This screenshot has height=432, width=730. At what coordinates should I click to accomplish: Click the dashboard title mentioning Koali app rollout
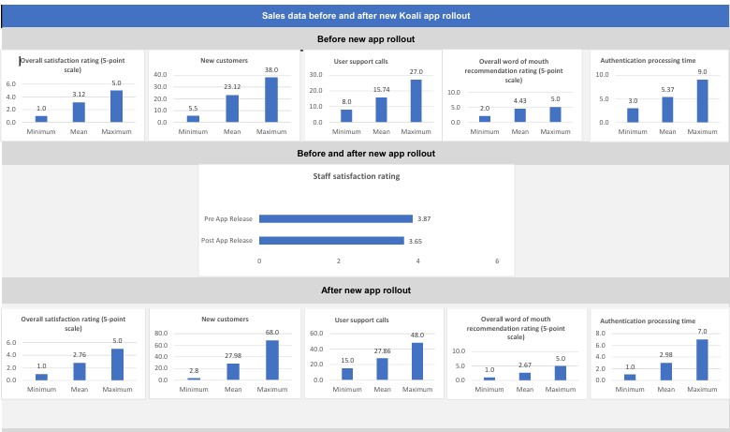pos(365,15)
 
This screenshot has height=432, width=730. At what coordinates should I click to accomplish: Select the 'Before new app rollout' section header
pos(365,39)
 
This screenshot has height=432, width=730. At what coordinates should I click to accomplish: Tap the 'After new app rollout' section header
pos(365,290)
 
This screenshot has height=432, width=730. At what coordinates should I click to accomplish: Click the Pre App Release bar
pos(335,219)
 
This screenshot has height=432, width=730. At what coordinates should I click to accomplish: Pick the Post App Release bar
pos(331,241)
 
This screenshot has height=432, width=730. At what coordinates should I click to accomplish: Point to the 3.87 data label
pos(423,219)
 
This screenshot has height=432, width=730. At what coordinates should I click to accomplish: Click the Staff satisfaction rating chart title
pos(356,175)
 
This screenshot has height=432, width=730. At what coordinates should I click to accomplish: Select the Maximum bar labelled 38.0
pos(270,99)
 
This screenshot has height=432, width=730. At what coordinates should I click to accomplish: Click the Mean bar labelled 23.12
pos(232,109)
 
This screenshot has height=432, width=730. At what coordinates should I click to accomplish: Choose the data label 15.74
pos(381,89)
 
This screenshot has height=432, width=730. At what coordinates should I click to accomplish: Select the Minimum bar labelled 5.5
pos(193,119)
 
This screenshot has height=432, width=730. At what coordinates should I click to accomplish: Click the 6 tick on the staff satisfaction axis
pos(497,261)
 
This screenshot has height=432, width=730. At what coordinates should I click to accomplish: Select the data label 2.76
pos(79,355)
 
